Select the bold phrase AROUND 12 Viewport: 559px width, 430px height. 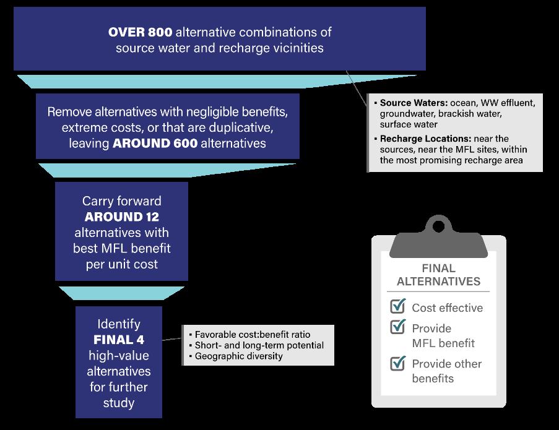click(x=122, y=217)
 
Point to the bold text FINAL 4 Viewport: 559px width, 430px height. click(x=119, y=340)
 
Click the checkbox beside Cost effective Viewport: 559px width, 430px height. click(x=397, y=306)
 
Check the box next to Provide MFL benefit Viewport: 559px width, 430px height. click(x=397, y=327)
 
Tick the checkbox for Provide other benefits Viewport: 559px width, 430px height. click(x=397, y=363)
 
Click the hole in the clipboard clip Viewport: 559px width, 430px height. click(x=438, y=226)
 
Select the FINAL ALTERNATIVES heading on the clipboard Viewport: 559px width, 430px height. click(x=438, y=275)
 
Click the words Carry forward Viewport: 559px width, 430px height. click(x=122, y=201)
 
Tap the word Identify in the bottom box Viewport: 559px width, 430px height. click(x=119, y=324)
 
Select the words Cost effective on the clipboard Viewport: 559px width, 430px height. click(x=447, y=307)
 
